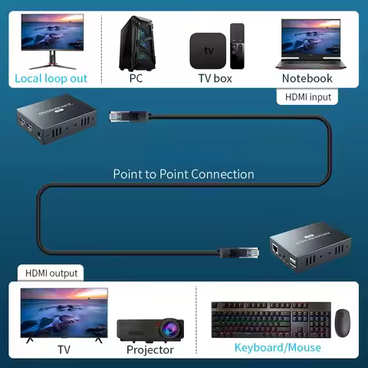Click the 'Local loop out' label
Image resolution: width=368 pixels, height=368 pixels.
pos(51,78)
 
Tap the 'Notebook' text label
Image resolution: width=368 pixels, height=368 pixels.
pos(307,78)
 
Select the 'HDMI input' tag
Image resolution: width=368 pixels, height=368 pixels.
pos(308,97)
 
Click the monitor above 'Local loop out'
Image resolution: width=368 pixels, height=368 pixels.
pos(51,38)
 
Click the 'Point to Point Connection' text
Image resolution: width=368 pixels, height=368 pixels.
pos(183,174)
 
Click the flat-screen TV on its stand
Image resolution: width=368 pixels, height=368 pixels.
pos(64,314)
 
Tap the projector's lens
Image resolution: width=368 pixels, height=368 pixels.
pos(168,330)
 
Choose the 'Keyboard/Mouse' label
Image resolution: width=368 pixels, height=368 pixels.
pos(278,348)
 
